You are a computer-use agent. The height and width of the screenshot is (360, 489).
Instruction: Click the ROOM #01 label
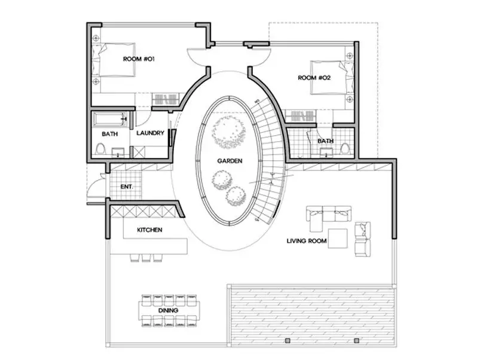tap(139, 59)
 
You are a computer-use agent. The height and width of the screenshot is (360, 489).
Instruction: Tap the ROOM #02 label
tap(314, 78)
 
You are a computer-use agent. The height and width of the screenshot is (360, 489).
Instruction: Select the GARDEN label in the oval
tap(230, 161)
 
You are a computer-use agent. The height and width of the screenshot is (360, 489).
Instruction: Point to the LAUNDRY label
tap(150, 133)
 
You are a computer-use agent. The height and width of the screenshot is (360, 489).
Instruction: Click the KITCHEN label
tap(149, 230)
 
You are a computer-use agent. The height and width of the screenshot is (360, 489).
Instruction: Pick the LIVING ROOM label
tap(307, 241)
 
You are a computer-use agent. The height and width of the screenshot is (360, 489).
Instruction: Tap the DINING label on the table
tap(168, 310)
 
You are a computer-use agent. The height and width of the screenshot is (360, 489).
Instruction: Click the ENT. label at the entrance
tap(127, 187)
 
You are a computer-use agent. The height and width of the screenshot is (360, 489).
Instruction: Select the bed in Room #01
tap(114, 60)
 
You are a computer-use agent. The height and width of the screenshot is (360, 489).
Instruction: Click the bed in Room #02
tap(332, 78)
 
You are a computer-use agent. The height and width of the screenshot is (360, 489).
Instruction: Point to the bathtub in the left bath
tap(109, 120)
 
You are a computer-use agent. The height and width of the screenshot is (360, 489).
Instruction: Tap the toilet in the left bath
tap(100, 148)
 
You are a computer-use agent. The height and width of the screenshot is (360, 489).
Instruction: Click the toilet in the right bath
tap(344, 148)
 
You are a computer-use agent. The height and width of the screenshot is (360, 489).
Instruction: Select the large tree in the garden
tap(228, 132)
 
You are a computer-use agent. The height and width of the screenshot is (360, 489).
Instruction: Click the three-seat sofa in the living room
tap(329, 214)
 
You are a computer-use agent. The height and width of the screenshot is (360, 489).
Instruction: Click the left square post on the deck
tap(288, 340)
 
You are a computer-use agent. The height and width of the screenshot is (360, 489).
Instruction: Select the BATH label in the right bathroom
tap(325, 141)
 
